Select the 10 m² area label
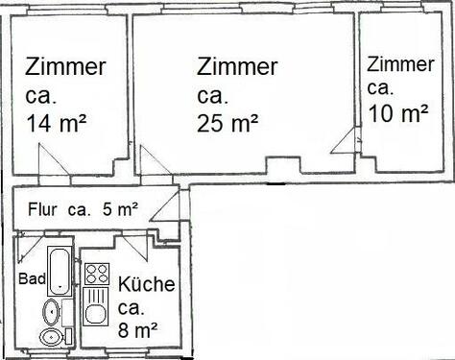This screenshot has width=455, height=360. click(x=397, y=112)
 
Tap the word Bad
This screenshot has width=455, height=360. click(x=30, y=278)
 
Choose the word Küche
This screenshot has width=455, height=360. click(x=147, y=285)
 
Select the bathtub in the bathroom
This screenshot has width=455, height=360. click(x=60, y=271)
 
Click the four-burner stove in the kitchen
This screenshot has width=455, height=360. click(x=95, y=275)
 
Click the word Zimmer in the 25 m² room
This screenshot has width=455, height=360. click(x=237, y=67)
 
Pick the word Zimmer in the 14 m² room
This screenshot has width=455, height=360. click(x=65, y=68)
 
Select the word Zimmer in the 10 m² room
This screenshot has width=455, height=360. click(x=399, y=65)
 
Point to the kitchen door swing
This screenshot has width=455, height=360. click(x=131, y=246)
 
